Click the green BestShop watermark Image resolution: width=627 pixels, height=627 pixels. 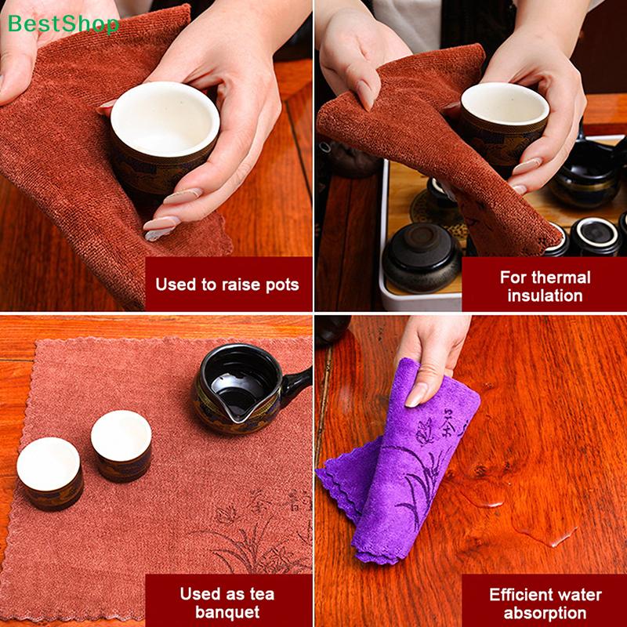coord(63,24)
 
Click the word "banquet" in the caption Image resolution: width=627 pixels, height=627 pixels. coord(227,612)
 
